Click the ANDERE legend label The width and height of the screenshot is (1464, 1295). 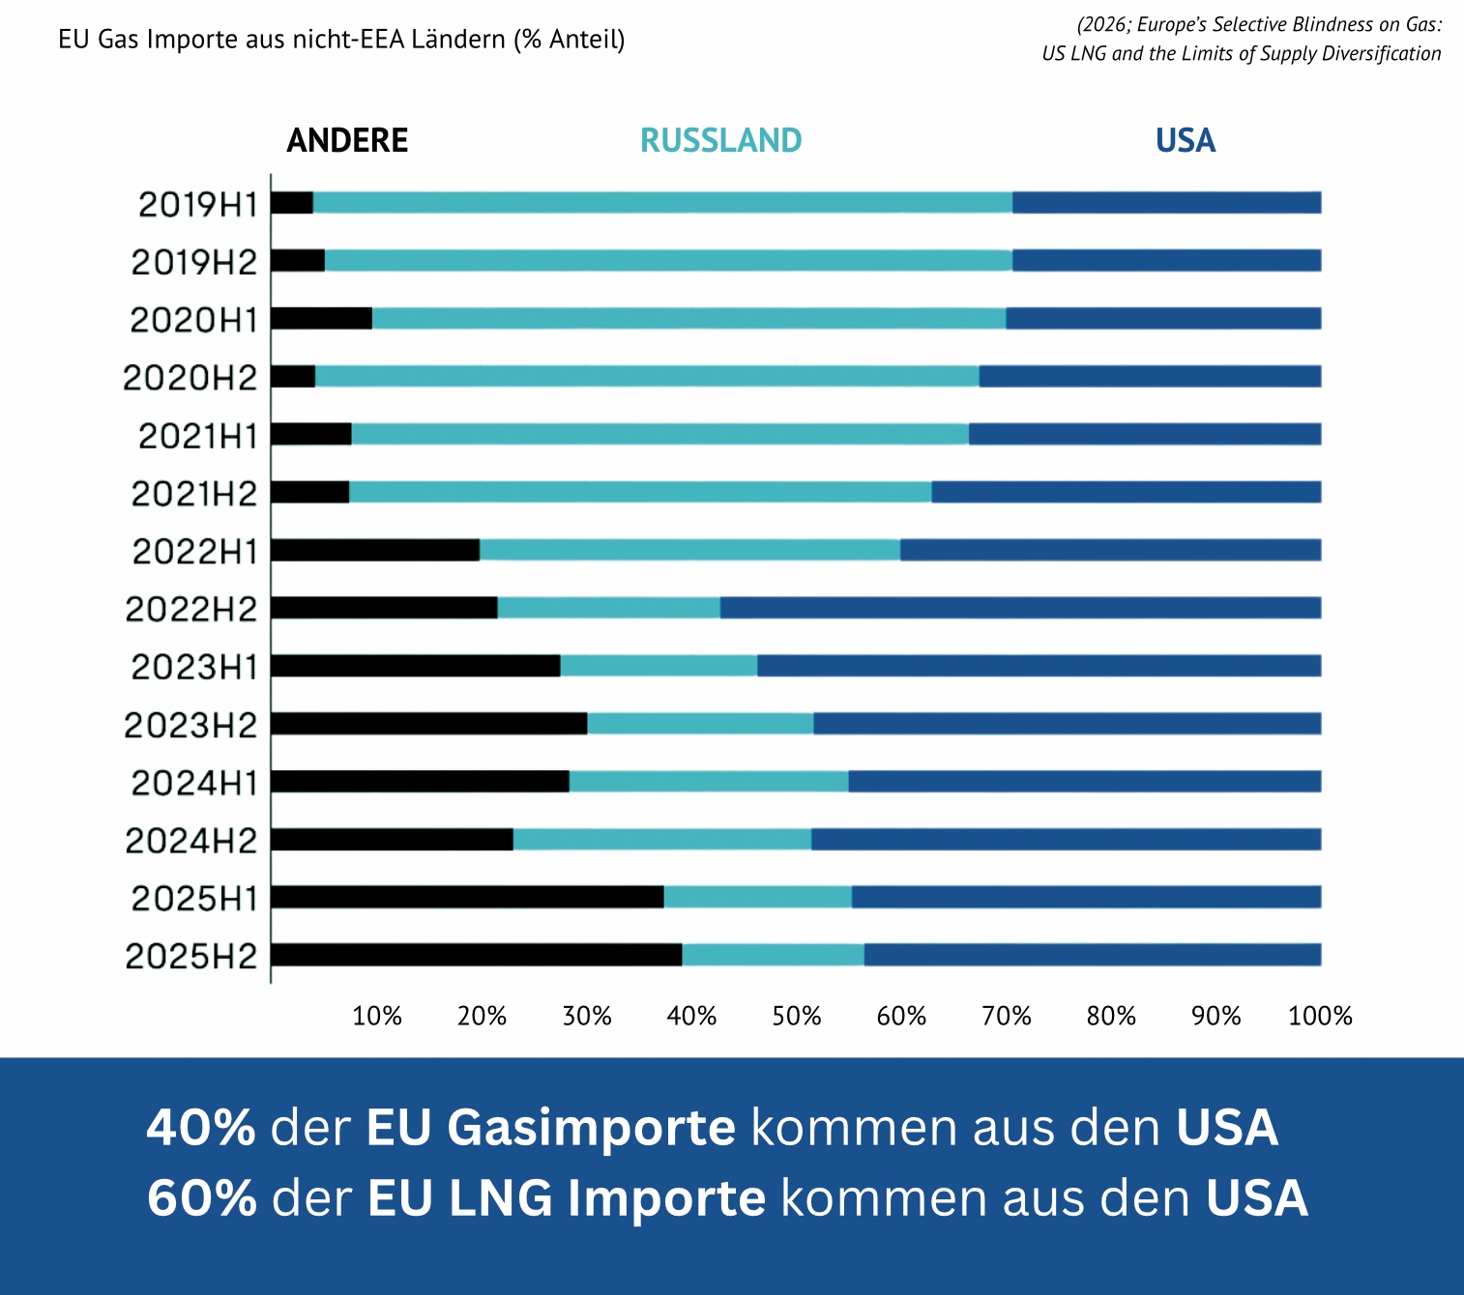tap(347, 141)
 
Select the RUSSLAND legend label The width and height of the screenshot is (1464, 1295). tap(720, 141)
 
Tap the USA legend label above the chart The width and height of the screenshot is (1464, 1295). tap(1185, 141)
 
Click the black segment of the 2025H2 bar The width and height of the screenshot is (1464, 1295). tap(476, 955)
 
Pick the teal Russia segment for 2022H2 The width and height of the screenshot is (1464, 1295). tap(608, 608)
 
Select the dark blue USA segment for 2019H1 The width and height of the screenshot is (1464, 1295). tap(1166, 203)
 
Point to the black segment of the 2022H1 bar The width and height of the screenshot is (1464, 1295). tap(375, 550)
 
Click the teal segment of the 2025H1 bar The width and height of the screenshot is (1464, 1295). tap(757, 897)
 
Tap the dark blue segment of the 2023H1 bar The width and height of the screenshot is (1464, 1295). tap(1039, 666)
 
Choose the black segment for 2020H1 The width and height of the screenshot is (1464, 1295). tap(321, 318)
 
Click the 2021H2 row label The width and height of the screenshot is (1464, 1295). tap(194, 494)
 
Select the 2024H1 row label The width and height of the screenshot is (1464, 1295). tap(194, 783)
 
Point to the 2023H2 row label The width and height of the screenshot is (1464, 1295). tap(191, 725)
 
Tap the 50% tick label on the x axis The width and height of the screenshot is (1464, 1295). tap(796, 1016)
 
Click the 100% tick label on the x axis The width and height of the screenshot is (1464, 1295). tap(1320, 1016)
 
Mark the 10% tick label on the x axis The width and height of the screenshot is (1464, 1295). tap(376, 1016)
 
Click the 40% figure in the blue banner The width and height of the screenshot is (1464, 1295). tap(201, 1128)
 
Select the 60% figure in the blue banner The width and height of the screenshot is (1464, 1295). tap(202, 1198)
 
